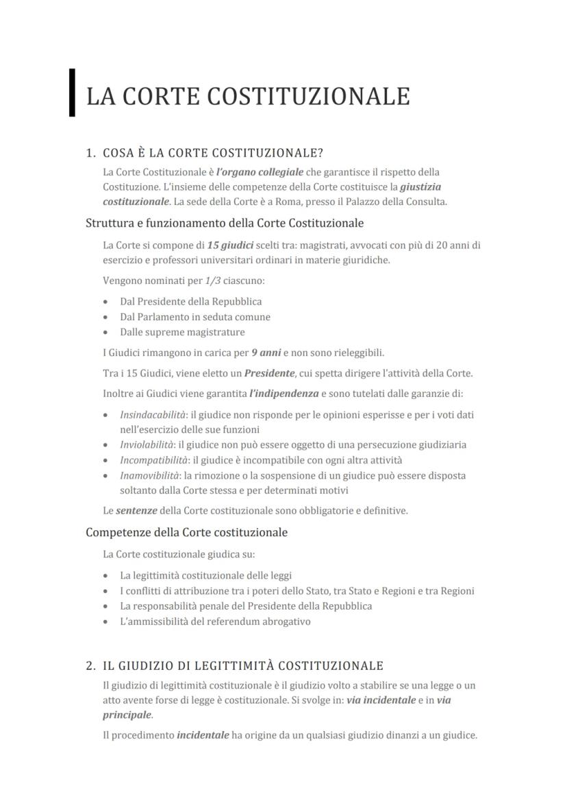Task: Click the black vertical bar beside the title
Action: point(72,93)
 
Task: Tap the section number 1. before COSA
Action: point(91,152)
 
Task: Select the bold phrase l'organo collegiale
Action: point(260,171)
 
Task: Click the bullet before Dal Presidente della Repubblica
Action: point(105,302)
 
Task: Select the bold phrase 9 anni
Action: point(266,352)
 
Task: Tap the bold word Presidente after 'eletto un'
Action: point(269,373)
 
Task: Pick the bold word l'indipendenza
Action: point(283,394)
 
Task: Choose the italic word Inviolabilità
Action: point(147,444)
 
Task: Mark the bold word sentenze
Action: point(136,510)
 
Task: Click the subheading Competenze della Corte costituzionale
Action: point(186,532)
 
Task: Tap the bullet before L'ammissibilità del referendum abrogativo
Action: point(105,622)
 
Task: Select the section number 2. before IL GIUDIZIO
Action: point(91,665)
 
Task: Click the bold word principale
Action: point(127,715)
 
